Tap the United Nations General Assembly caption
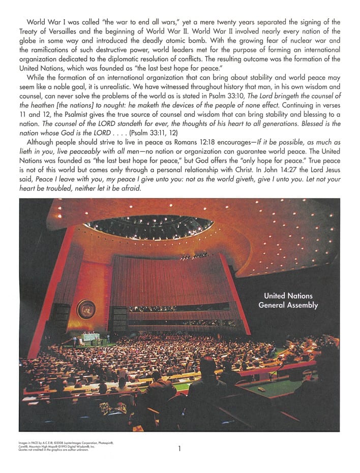click(x=288, y=300)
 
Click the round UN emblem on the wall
click(x=86, y=309)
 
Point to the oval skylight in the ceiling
click(x=148, y=227)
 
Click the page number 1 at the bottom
click(x=179, y=448)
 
